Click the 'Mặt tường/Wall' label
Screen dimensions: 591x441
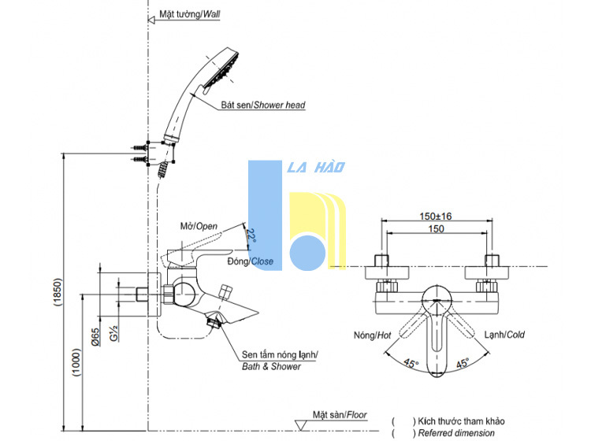[x=190, y=14]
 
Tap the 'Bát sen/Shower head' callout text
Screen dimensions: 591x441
[x=263, y=105]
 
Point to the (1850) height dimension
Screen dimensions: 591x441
[x=57, y=292]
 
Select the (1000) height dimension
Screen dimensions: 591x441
[x=76, y=362]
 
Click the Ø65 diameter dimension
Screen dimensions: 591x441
[x=95, y=336]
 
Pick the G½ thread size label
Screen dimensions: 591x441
[x=113, y=333]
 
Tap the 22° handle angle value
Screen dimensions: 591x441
[x=251, y=235]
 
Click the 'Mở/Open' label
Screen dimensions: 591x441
[x=199, y=226]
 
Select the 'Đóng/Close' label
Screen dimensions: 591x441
[x=251, y=261]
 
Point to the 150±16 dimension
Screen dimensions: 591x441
[x=436, y=217]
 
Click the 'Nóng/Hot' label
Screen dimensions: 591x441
[x=372, y=335]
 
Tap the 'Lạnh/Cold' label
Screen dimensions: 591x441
[x=504, y=335]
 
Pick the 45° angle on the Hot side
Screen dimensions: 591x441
[x=411, y=363]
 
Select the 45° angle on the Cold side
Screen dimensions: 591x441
[x=463, y=363]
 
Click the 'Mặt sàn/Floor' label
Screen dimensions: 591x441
[x=340, y=415]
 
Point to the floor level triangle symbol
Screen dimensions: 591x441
[x=300, y=425]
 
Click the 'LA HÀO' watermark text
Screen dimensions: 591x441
[x=316, y=167]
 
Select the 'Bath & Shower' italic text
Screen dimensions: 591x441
[x=271, y=366]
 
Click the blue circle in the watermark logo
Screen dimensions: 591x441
[x=307, y=253]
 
